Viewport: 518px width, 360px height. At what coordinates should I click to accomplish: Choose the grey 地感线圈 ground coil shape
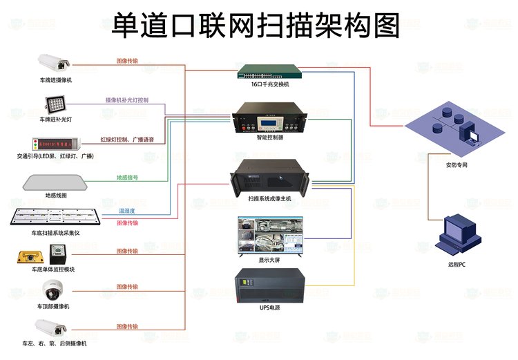coord(55,182)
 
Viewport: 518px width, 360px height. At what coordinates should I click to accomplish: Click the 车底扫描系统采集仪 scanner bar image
coord(55,218)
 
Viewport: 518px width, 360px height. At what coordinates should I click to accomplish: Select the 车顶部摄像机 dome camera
coord(55,291)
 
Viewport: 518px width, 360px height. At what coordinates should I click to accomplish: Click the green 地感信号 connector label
coord(127,178)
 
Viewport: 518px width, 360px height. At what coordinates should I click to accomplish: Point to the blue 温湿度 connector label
coord(127,210)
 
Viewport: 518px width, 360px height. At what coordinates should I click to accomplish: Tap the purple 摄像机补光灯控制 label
coord(127,100)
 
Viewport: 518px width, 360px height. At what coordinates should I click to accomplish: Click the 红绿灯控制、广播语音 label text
coord(127,140)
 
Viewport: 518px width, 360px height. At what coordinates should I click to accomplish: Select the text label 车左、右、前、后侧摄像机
coord(55,343)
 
